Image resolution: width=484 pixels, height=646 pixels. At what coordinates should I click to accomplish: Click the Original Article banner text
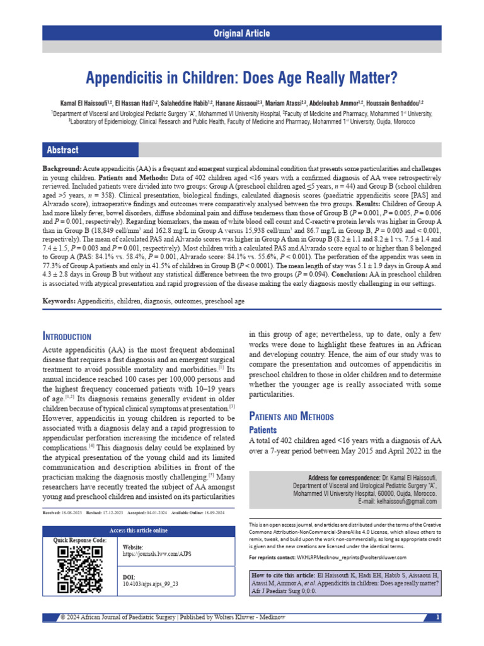242,33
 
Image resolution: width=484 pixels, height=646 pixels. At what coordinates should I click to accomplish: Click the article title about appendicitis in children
242,78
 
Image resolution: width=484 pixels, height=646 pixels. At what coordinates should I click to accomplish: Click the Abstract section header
62,150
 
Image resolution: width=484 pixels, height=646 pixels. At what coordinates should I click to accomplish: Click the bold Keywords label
59,302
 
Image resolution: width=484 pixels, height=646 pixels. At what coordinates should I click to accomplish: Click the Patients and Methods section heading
292,416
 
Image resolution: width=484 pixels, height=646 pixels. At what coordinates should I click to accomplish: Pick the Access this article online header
139,530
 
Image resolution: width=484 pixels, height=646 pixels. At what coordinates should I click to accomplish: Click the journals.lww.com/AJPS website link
151,556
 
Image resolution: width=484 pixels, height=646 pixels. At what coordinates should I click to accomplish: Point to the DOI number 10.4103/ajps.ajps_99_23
151,584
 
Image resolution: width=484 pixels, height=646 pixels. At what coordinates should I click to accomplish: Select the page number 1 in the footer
437,616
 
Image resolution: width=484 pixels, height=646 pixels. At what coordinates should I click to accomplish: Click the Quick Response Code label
80,541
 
